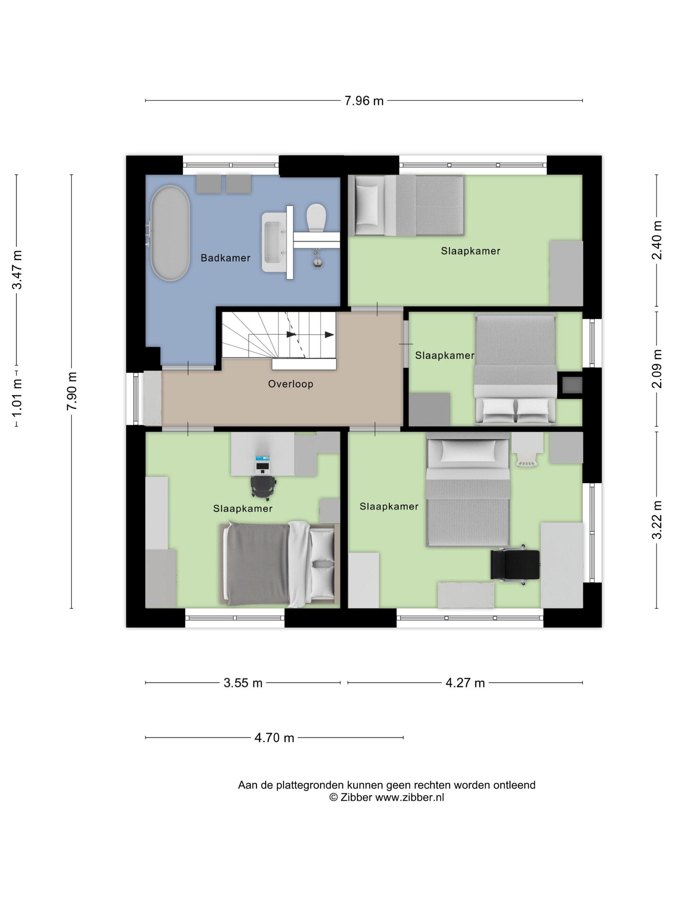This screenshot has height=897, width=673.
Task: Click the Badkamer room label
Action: tap(225, 258)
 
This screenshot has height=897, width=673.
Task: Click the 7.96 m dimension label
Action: tap(364, 101)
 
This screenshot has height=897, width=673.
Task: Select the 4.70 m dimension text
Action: tap(274, 738)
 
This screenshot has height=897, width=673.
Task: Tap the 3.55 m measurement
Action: tap(243, 683)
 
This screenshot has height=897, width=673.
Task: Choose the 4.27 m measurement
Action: tap(465, 683)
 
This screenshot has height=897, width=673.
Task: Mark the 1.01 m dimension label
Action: tap(17, 398)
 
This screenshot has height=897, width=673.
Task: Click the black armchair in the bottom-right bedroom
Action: tap(515, 564)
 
